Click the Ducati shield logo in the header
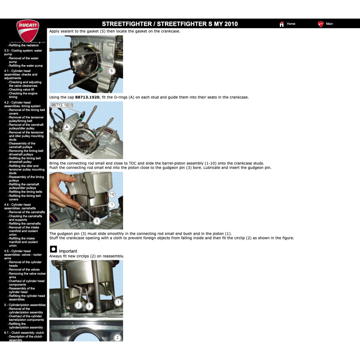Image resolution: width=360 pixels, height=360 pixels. pyautogui.click(x=27, y=30)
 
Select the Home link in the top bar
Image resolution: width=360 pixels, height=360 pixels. pyautogui.click(x=290, y=24)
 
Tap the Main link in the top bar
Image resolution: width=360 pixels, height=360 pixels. pyautogui.click(x=329, y=24)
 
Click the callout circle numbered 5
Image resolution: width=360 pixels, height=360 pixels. pyautogui.click(x=111, y=71)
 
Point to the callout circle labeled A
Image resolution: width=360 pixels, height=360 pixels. pyautogui.click(x=67, y=127)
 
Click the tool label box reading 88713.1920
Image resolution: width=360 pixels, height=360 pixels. pyautogui.click(x=62, y=105)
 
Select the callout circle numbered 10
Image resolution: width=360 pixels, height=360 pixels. pyautogui.click(x=112, y=194)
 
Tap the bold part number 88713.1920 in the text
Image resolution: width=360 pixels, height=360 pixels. pyautogui.click(x=87, y=97)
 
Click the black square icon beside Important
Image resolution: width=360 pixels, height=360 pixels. pyautogui.click(x=53, y=249)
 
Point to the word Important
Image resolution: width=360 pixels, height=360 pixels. pyautogui.click(x=68, y=251)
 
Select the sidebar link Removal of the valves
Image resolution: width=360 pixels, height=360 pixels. pyautogui.click(x=25, y=270)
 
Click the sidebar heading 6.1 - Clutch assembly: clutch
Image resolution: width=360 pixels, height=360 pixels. pyautogui.click(x=24, y=333)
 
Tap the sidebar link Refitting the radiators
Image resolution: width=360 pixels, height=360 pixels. pyautogui.click(x=24, y=45)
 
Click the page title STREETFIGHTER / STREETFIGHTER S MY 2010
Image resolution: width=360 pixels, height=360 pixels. pyautogui.click(x=170, y=24)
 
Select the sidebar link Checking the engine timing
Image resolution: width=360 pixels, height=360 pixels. pyautogui.click(x=23, y=95)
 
